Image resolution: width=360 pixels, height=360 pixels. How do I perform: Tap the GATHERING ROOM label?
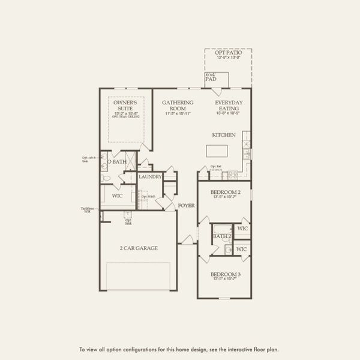point(178,106)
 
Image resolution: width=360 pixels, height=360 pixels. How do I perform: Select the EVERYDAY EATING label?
point(229,106)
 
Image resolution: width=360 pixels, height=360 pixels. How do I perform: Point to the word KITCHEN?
point(224,135)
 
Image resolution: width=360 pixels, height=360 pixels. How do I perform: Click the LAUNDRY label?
point(149,177)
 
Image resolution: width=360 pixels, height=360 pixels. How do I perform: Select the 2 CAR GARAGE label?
point(139,248)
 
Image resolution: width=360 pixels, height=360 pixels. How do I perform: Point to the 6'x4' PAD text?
point(211,76)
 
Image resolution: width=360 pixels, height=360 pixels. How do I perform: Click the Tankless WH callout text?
point(87,210)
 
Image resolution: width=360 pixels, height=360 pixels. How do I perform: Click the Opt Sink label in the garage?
point(128,221)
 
